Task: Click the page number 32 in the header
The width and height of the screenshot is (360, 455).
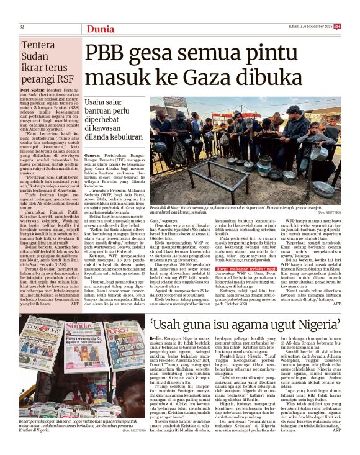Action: pos(22,26)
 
